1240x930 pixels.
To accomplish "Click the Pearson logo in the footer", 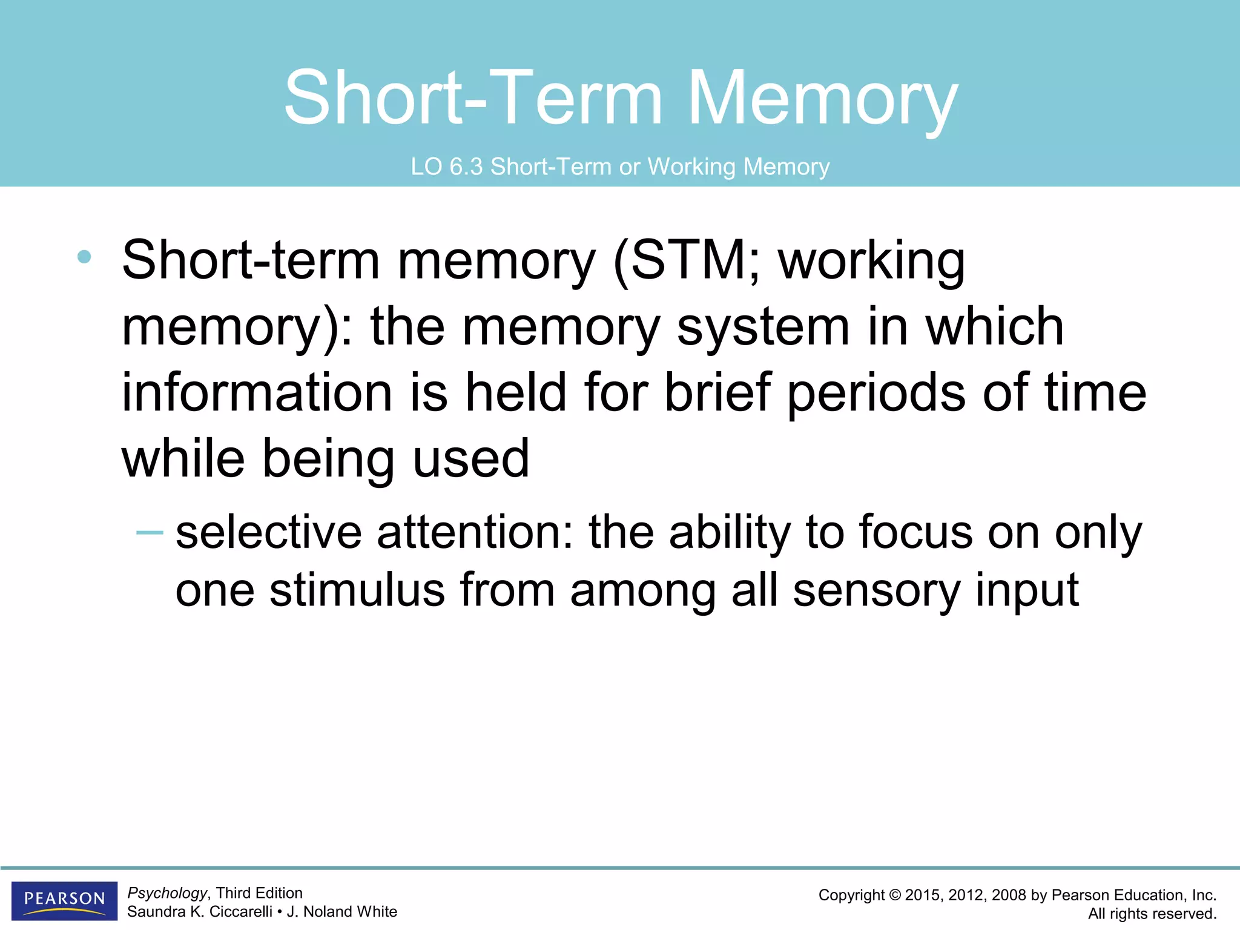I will [x=64, y=900].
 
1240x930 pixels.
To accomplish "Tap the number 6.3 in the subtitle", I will [x=466, y=167].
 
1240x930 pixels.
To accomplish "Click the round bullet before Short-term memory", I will [x=84, y=257].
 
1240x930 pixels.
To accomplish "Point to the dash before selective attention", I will [x=150, y=533].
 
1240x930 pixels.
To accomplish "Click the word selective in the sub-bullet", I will [x=268, y=532].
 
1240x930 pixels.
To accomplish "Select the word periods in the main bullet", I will [x=876, y=394].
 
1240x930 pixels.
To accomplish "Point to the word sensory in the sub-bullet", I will [x=876, y=591].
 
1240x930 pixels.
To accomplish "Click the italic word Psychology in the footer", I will [x=167, y=893].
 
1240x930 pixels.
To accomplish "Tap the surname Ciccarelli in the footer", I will [x=240, y=912].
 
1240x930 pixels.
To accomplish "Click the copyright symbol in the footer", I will [x=894, y=895].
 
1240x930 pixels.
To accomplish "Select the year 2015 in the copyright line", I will [x=922, y=895].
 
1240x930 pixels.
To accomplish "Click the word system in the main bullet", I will [x=763, y=328].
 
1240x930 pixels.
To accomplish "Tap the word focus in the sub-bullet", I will [x=914, y=532].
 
